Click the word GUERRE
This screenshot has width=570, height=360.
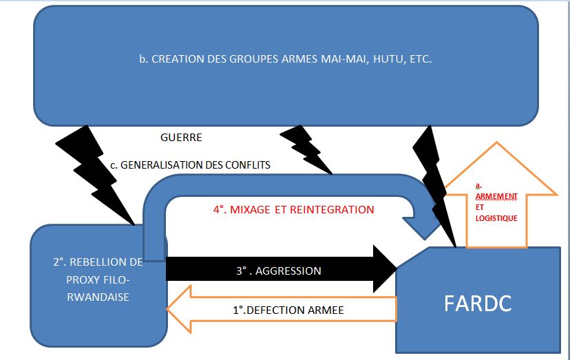pyautogui.click(x=181, y=137)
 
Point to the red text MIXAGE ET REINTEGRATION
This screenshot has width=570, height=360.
pyautogui.click(x=293, y=209)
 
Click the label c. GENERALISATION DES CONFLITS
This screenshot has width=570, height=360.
pyautogui.click(x=190, y=165)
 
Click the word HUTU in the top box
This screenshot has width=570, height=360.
pyautogui.click(x=387, y=59)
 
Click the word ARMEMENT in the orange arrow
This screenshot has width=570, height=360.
pyautogui.click(x=496, y=196)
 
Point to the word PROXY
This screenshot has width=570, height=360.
pyautogui.click(x=81, y=279)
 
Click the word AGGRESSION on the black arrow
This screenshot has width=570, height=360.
pyautogui.click(x=288, y=271)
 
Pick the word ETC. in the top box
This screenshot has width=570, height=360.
pyautogui.click(x=420, y=59)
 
